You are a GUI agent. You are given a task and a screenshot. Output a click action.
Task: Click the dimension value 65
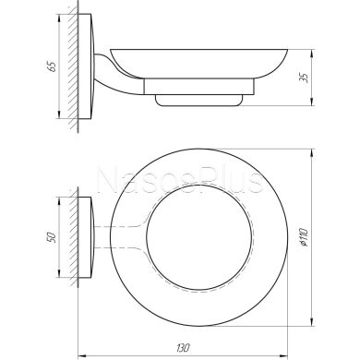53,66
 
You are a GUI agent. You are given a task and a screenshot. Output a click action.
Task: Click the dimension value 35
305,78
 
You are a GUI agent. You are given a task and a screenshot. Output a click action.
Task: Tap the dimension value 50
53,237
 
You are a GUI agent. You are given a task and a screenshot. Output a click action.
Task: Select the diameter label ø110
305,237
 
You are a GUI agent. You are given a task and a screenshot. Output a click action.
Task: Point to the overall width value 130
183,348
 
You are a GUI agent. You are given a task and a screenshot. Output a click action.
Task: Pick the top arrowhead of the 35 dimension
313,54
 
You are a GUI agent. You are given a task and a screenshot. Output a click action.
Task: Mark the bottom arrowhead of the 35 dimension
313,102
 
